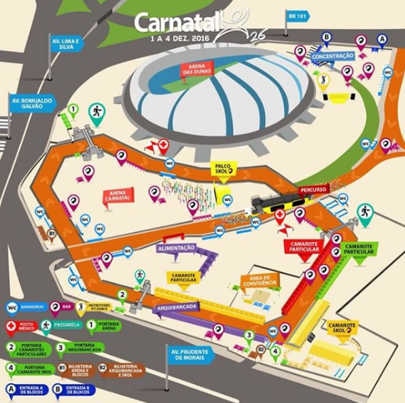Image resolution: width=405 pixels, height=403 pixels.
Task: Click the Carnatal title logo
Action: (x=178, y=22)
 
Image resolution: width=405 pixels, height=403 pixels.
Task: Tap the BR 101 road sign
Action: (x=297, y=16)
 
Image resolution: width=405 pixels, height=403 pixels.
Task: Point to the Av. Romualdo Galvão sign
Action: (x=31, y=103)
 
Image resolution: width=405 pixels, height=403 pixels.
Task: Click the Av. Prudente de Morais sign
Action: (x=190, y=355)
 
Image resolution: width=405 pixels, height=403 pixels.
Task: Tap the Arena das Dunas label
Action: (x=196, y=69)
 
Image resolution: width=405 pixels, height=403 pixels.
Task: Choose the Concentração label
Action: (x=333, y=56)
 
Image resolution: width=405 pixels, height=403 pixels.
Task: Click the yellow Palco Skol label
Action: (x=223, y=168)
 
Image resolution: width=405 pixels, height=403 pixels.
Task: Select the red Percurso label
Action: (x=313, y=188)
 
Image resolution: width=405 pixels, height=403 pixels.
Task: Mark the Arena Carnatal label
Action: (x=118, y=196)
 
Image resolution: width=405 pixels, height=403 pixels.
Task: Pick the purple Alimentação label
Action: (x=177, y=248)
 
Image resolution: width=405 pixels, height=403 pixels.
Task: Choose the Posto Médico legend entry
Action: (x=24, y=328)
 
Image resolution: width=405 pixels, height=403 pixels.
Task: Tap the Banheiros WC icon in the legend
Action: (x=12, y=307)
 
